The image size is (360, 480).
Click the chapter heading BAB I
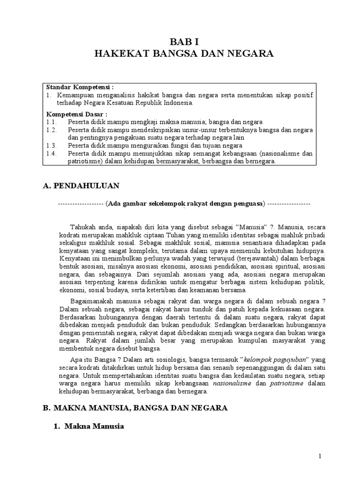click(x=184, y=41)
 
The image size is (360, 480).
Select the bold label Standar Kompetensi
click(x=80, y=87)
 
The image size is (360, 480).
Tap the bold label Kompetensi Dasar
click(x=76, y=114)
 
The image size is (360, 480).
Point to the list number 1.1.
click(x=51, y=121)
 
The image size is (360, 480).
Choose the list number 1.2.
click(x=52, y=129)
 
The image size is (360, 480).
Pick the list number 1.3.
click(x=52, y=145)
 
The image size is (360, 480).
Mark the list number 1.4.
click(x=52, y=153)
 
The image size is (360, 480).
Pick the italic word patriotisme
click(x=287, y=383)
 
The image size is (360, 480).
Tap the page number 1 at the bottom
click(x=319, y=456)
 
